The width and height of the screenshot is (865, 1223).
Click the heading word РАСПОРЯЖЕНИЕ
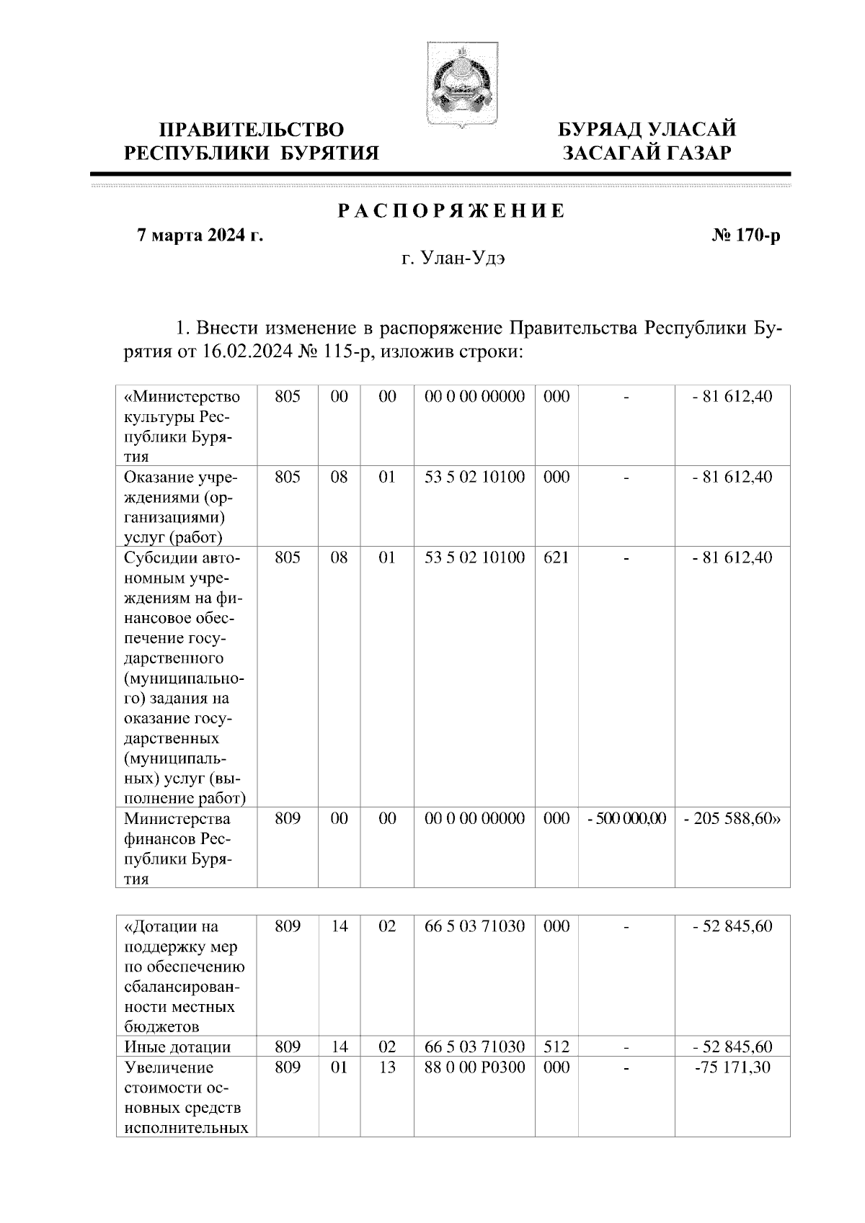click(x=451, y=212)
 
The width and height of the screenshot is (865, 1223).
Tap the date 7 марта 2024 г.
click(x=200, y=236)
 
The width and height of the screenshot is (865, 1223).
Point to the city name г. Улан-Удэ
click(x=453, y=259)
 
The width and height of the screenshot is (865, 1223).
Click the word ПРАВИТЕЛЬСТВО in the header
click(x=252, y=130)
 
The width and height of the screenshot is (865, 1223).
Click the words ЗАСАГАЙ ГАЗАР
click(x=647, y=153)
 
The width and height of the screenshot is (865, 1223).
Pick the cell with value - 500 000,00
click(x=626, y=819)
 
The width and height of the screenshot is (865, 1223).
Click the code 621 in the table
click(x=556, y=557)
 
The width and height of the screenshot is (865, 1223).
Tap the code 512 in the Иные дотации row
click(x=556, y=1047)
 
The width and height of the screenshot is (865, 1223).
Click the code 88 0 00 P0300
click(x=474, y=1067)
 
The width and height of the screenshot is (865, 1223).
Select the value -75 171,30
click(x=732, y=1067)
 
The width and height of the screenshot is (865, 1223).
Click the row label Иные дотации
click(x=177, y=1047)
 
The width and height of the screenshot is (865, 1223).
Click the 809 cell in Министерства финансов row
click(x=287, y=819)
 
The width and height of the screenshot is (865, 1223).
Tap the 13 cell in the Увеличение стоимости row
click(x=387, y=1067)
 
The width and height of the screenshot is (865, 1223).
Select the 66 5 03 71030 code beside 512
click(x=474, y=1047)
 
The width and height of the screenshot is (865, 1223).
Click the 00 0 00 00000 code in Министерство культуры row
click(x=474, y=396)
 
